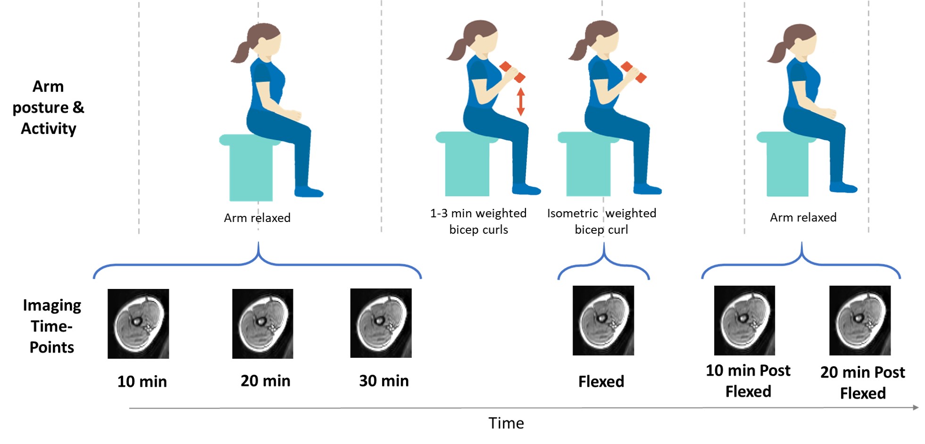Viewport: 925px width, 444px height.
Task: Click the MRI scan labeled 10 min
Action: (138, 324)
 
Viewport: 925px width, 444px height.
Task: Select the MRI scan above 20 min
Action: (263, 324)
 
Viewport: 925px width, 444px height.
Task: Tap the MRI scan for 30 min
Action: (381, 323)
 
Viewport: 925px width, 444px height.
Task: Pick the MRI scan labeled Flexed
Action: (603, 321)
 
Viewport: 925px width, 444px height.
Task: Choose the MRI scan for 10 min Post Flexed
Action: (744, 321)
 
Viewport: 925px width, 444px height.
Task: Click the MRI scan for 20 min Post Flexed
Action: (860, 321)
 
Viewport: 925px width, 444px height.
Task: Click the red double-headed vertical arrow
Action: (521, 102)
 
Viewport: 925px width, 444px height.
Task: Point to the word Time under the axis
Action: (506, 423)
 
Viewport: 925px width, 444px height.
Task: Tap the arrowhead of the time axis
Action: (916, 407)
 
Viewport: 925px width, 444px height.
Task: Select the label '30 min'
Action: (383, 381)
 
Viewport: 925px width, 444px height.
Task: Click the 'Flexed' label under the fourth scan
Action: (601, 381)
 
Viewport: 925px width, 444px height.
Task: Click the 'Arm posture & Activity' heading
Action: (48, 107)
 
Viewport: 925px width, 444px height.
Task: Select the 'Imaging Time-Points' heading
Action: (52, 326)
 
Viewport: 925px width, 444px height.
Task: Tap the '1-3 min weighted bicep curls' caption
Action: (478, 222)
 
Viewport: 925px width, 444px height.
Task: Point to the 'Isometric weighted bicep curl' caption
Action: (601, 222)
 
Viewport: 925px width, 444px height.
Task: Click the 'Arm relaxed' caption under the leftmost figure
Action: (257, 218)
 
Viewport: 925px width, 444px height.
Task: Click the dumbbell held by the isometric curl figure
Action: (633, 72)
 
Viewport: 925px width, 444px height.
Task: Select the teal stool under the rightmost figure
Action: (787, 165)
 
